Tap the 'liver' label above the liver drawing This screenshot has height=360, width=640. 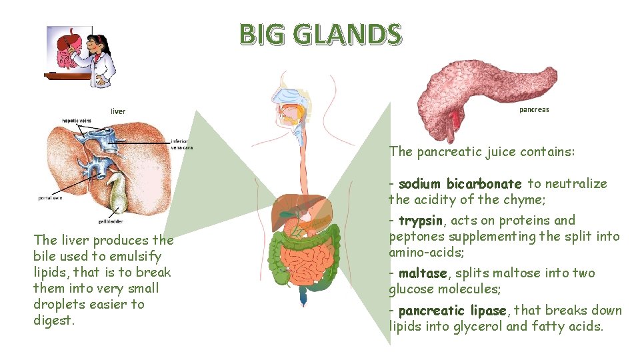[x=118, y=111]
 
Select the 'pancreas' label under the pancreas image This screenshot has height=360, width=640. [x=534, y=109]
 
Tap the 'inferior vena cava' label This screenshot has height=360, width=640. [x=181, y=144]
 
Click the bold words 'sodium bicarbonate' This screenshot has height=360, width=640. [x=460, y=183]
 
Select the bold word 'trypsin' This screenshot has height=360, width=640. [x=420, y=220]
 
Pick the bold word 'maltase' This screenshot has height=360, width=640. [x=423, y=273]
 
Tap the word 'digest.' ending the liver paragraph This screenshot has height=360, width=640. [x=53, y=320]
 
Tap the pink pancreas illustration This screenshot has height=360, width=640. [x=480, y=87]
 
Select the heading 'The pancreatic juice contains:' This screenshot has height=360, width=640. [x=481, y=152]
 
